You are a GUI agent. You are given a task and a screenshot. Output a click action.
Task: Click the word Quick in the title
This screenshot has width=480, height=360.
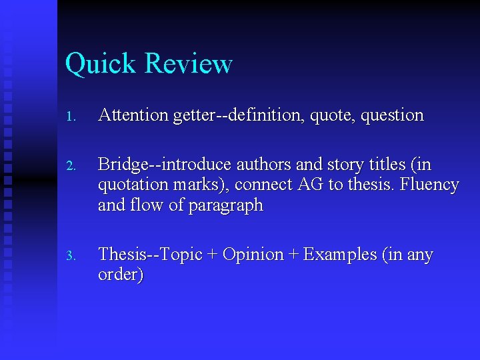point(102,65)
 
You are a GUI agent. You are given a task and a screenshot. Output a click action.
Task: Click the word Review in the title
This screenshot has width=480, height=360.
point(188,64)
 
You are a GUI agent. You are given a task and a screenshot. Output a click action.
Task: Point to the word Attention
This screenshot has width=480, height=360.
point(133,115)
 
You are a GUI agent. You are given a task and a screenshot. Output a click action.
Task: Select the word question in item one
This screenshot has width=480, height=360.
point(392,116)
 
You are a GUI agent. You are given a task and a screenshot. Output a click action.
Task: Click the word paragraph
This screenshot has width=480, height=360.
point(226,206)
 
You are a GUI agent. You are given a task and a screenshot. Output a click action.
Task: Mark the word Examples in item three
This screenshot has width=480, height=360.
point(341,255)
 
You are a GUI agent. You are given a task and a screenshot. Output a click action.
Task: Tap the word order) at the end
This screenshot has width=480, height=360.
point(121,275)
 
